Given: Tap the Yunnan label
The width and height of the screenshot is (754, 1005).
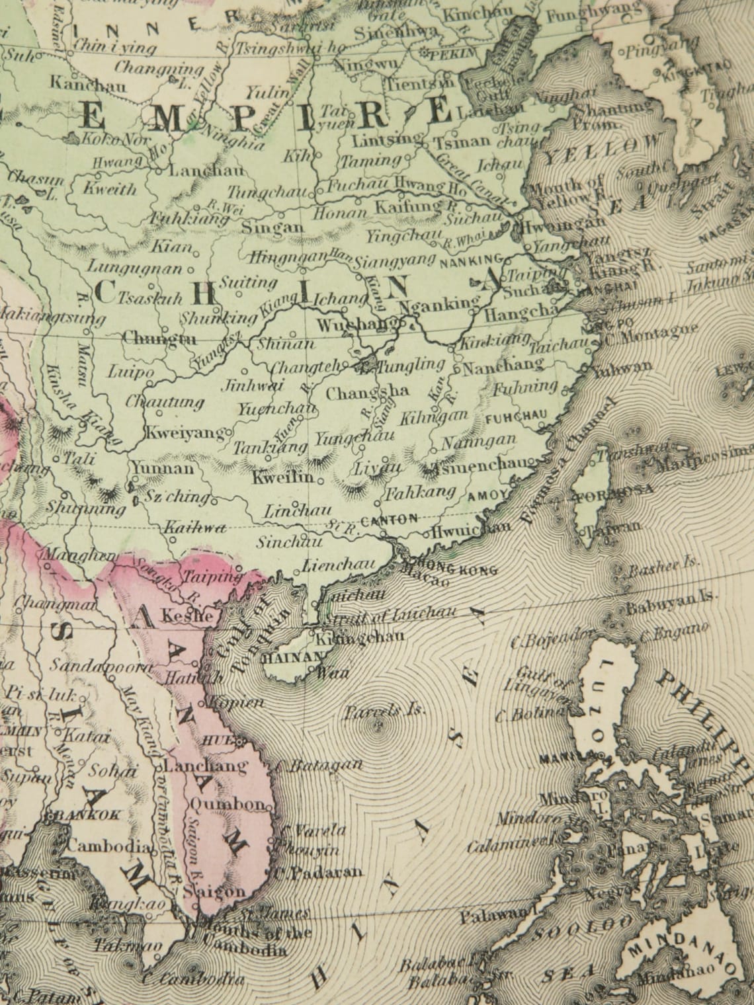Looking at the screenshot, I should point(163,469).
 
